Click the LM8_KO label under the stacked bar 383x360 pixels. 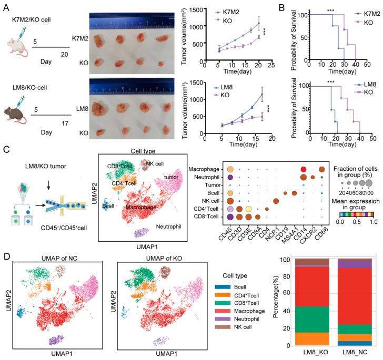tap(309, 353)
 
